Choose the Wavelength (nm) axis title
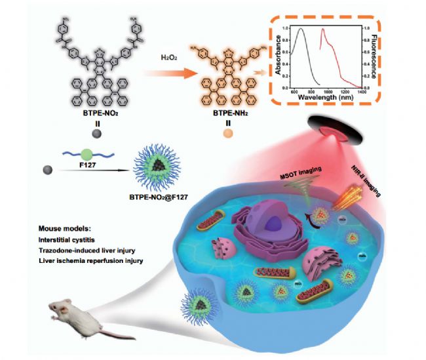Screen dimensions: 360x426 click(326, 96)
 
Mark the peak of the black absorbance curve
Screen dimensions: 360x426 click(301, 29)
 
